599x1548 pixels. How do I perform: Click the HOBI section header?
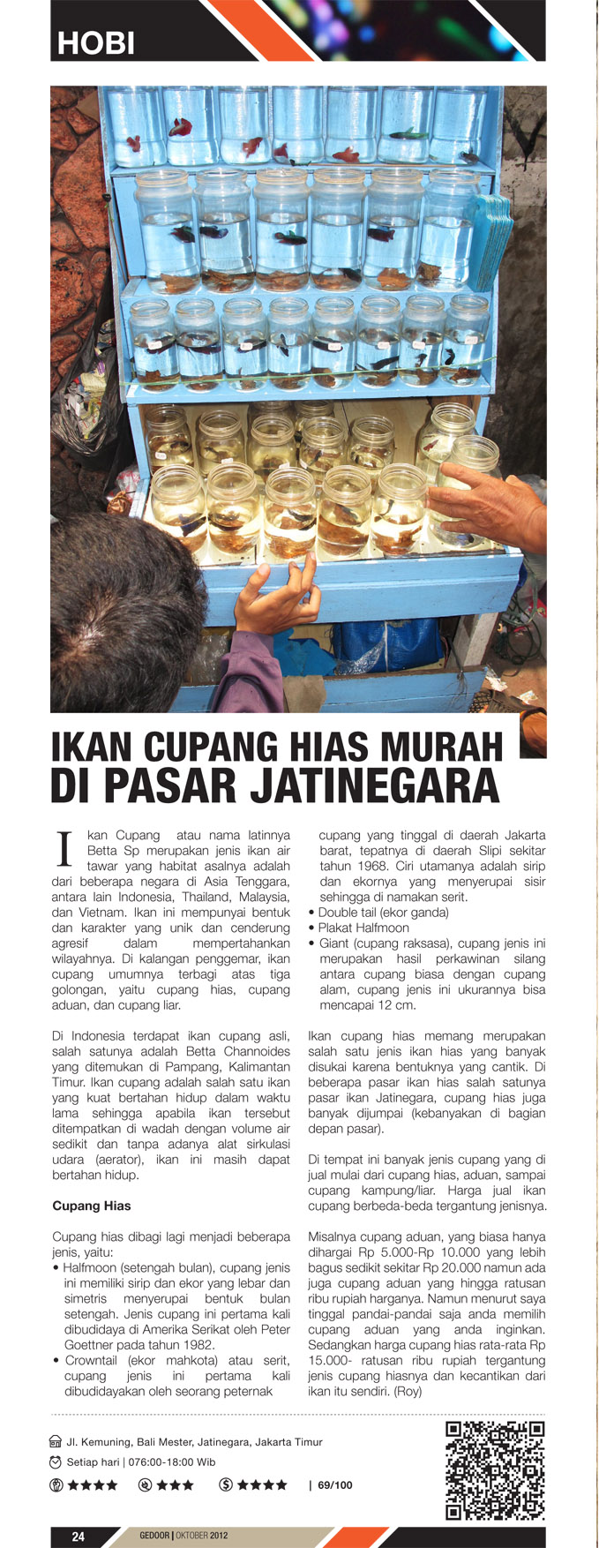click(95, 42)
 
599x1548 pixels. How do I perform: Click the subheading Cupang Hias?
click(92, 1206)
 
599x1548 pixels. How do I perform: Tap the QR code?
click(495, 1469)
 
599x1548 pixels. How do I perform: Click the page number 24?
click(79, 1537)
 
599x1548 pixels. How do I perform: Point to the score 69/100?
click(335, 1485)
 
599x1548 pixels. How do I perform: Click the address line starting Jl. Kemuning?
click(194, 1442)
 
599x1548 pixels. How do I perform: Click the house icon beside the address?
click(56, 1442)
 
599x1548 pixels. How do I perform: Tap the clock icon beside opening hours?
click(56, 1462)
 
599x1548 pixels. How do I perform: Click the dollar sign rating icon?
click(226, 1485)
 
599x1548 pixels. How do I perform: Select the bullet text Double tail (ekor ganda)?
click(383, 913)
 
